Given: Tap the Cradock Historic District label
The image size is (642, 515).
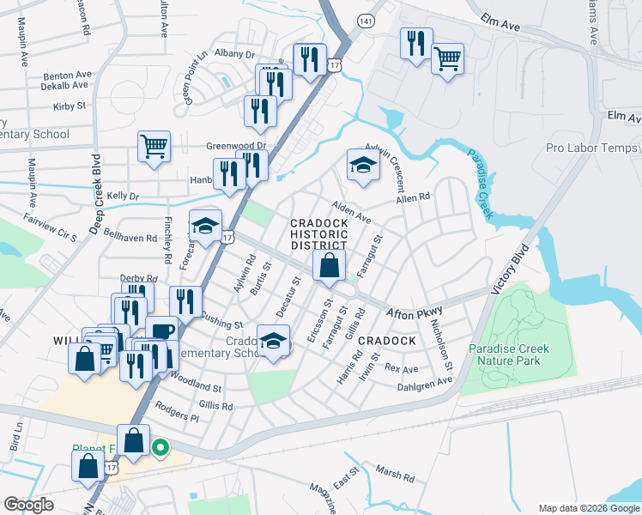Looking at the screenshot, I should (319, 234).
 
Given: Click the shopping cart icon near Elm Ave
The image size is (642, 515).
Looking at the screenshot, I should (446, 60).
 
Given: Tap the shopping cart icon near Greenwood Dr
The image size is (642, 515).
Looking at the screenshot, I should (154, 147).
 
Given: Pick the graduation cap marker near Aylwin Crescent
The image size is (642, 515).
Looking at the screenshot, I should (363, 166).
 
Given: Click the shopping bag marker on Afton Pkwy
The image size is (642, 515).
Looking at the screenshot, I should (329, 267).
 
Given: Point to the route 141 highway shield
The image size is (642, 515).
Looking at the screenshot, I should (366, 19).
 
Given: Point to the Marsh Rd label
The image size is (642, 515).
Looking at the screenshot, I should (395, 472).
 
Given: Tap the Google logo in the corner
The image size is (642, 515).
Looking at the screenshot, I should (29, 505).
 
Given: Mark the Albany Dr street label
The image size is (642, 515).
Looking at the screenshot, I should (236, 54).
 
